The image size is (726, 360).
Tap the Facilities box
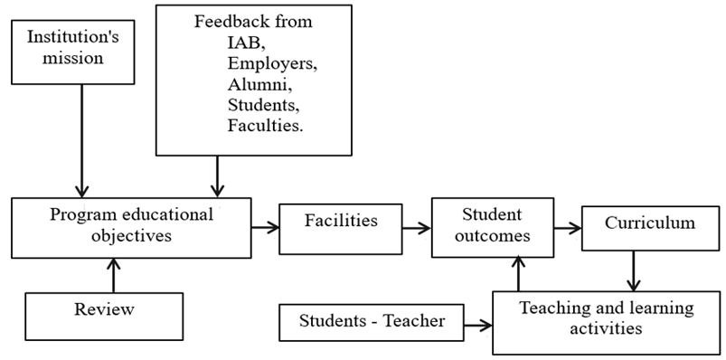340,222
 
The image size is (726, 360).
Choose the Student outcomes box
491,226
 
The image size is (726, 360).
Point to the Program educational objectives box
132,226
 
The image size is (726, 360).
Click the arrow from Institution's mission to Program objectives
82,136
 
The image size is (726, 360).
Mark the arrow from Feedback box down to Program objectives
217,175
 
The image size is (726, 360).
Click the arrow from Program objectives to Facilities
265,227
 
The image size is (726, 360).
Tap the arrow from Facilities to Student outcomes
416,227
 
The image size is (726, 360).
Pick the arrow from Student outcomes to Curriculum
566,228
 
